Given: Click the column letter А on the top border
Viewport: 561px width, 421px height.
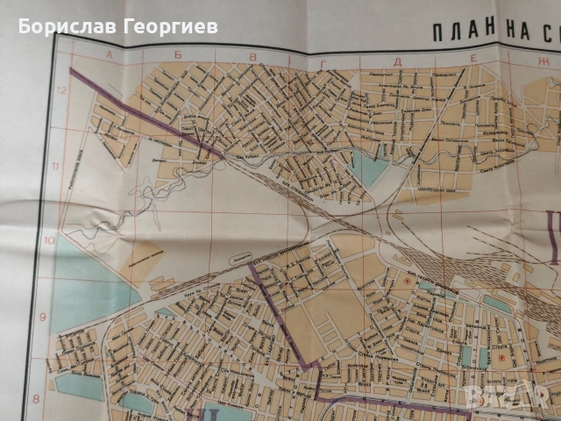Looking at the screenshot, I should click(x=110, y=54).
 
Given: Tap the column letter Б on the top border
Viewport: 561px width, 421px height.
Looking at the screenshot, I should click(x=178, y=56).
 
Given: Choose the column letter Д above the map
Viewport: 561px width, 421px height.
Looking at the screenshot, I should click(x=398, y=61).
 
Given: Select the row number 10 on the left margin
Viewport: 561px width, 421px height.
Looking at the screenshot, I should click(x=48, y=240).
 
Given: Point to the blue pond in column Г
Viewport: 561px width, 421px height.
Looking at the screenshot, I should click(x=368, y=169).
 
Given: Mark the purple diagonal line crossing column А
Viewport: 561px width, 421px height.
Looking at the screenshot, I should click(x=105, y=88).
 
